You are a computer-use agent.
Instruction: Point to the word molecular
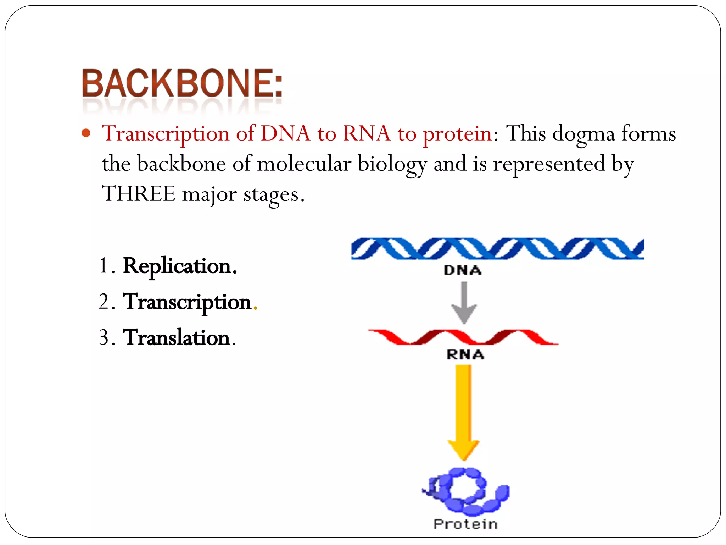coord(304,164)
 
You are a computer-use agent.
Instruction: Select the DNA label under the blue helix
coord(462,271)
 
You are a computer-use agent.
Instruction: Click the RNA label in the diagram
coord(465,354)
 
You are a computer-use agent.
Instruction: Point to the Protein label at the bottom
coord(465,524)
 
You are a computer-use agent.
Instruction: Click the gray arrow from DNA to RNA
coord(464,302)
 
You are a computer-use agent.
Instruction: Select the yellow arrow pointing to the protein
coord(463,412)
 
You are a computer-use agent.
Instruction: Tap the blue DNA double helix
coord(497,248)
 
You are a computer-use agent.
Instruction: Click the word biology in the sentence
coord(392,165)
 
